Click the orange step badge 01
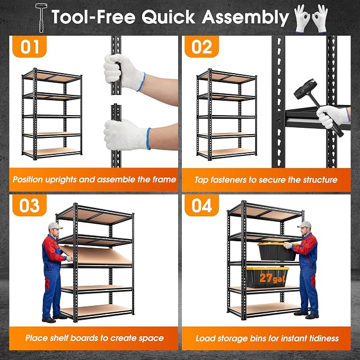(29, 47)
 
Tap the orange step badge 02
(201, 47)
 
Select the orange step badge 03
(29, 205)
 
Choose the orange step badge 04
(201, 205)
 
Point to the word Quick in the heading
(168, 17)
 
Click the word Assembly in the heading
(245, 17)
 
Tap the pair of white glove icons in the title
(311, 19)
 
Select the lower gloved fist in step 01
(127, 135)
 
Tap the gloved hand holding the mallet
(332, 117)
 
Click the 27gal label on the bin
(273, 278)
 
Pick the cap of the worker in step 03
(55, 226)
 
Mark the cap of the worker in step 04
(305, 224)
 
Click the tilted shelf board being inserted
(95, 255)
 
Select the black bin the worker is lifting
(277, 251)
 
